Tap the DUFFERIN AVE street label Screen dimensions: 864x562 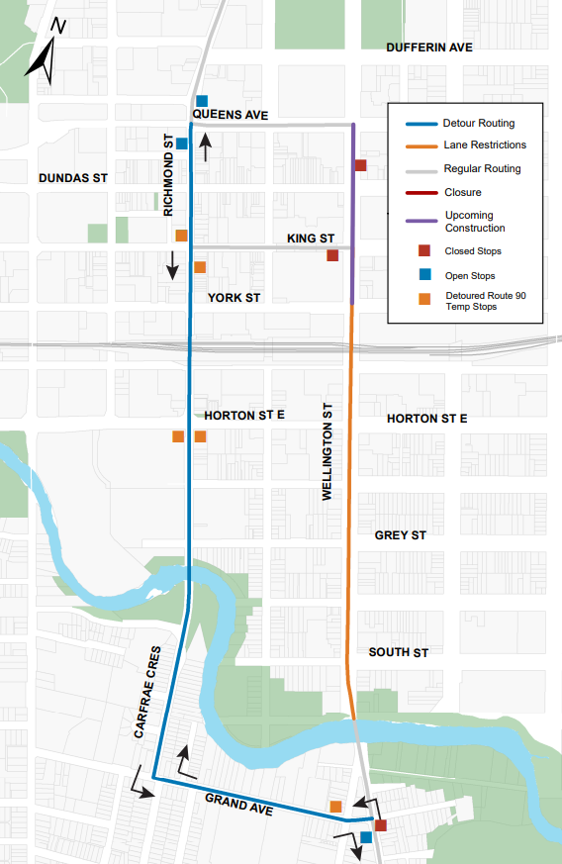click(x=429, y=48)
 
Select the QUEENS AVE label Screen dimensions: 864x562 click(x=231, y=116)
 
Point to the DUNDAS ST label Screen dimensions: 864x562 click(x=72, y=178)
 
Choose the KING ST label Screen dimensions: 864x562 click(x=311, y=240)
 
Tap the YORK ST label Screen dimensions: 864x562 click(x=234, y=297)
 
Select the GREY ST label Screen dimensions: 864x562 click(x=400, y=535)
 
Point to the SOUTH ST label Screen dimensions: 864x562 click(x=398, y=652)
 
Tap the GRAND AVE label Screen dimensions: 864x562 click(x=238, y=802)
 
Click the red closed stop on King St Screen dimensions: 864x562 click(x=332, y=255)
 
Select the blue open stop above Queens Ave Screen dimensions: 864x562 click(x=202, y=101)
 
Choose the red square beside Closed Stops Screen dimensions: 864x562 click(x=424, y=251)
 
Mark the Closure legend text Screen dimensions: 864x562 click(x=462, y=192)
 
